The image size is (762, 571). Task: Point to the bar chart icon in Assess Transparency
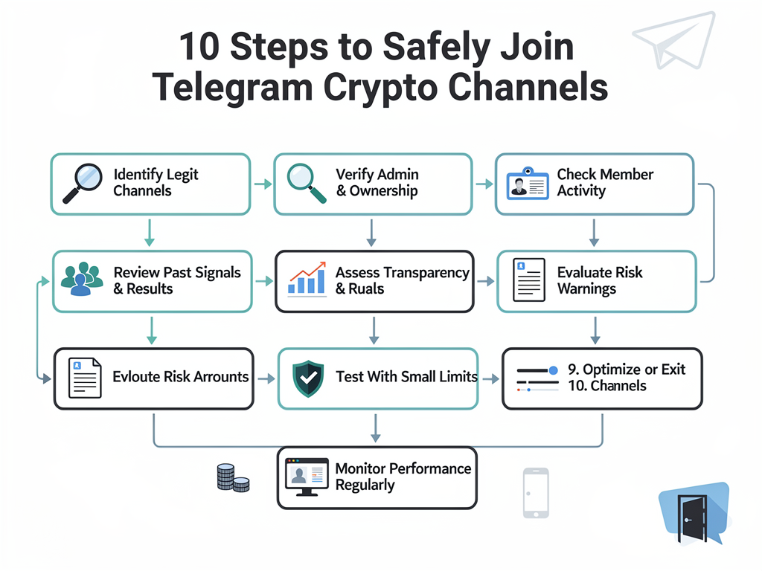coord(306,280)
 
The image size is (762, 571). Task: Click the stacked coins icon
coord(232,478)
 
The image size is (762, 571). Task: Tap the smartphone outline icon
coord(535,492)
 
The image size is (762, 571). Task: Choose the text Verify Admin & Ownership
coord(377,183)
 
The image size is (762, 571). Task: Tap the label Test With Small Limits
coord(406,377)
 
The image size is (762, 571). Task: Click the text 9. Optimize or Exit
coord(626,370)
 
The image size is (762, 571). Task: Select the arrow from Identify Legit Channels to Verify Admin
coord(262,184)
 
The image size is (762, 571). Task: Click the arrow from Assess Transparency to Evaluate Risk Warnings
coord(485,281)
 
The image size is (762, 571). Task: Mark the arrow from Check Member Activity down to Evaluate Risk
coord(594,232)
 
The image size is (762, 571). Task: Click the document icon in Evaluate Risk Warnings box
coord(528,280)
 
